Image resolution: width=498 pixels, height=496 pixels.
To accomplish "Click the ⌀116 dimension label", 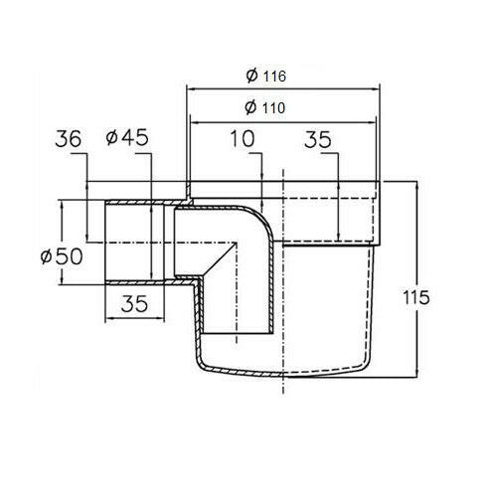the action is [265, 76].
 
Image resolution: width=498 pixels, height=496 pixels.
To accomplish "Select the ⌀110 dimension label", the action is [264, 107].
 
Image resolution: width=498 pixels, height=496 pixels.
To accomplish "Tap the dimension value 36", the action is [68, 139].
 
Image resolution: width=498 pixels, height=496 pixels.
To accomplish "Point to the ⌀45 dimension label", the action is [127, 137].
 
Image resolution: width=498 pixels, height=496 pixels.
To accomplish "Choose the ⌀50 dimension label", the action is [62, 256].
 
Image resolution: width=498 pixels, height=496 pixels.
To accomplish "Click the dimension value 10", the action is [243, 138].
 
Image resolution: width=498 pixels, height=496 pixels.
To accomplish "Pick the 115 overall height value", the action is [415, 297].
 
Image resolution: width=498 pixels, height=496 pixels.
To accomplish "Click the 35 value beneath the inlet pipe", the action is [134, 304].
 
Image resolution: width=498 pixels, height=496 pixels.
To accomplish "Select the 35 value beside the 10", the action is [318, 139].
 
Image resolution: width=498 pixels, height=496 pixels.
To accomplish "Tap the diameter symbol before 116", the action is [252, 76].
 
